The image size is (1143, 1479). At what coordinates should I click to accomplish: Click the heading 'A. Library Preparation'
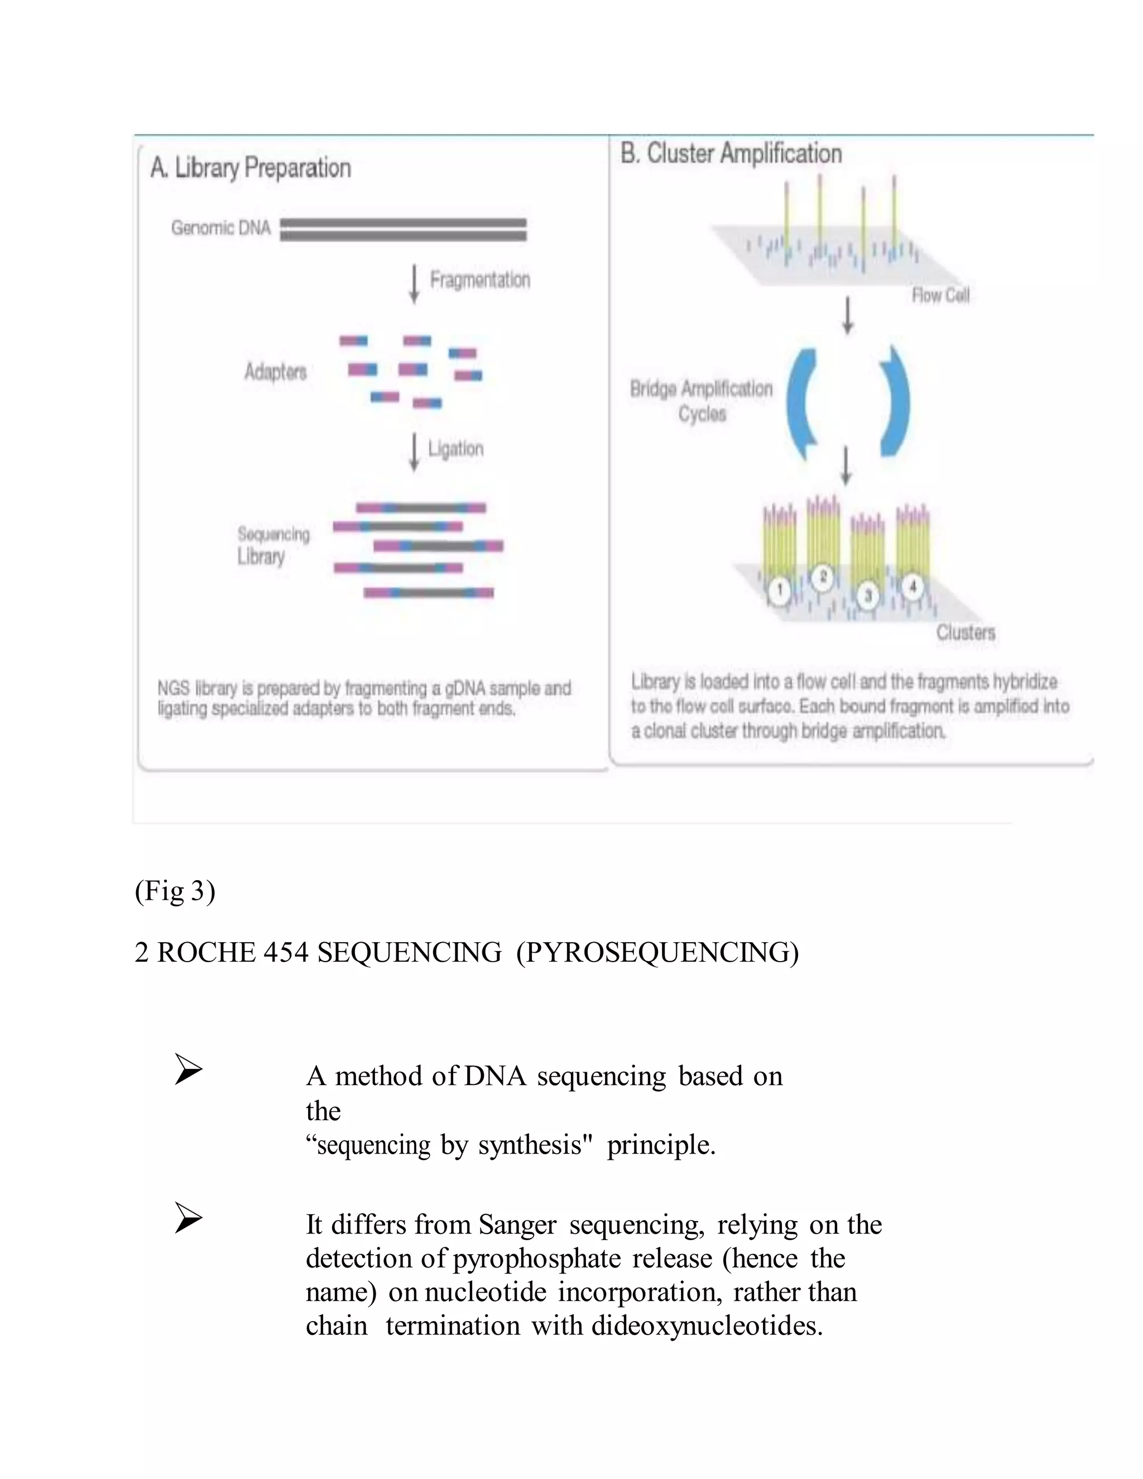(251, 167)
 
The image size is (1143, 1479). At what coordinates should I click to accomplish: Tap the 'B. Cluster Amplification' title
(731, 153)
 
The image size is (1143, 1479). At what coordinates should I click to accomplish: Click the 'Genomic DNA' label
(221, 228)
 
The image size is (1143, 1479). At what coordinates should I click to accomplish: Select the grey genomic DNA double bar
(403, 229)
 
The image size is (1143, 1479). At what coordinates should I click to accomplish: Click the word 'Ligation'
(456, 449)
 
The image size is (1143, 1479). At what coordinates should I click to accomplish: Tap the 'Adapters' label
(276, 372)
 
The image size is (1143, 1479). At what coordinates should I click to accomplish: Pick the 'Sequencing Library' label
(273, 545)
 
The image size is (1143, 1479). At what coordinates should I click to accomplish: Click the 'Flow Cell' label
(940, 295)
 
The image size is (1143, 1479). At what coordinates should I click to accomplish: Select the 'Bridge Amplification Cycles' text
(702, 401)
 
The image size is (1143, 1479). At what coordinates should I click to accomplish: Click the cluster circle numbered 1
(779, 590)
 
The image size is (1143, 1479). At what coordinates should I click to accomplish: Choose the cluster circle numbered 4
(912, 586)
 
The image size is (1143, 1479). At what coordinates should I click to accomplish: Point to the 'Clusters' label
(966, 632)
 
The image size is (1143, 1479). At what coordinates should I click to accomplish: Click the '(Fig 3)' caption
(175, 891)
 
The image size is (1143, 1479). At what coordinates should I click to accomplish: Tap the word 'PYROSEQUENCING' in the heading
(657, 953)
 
